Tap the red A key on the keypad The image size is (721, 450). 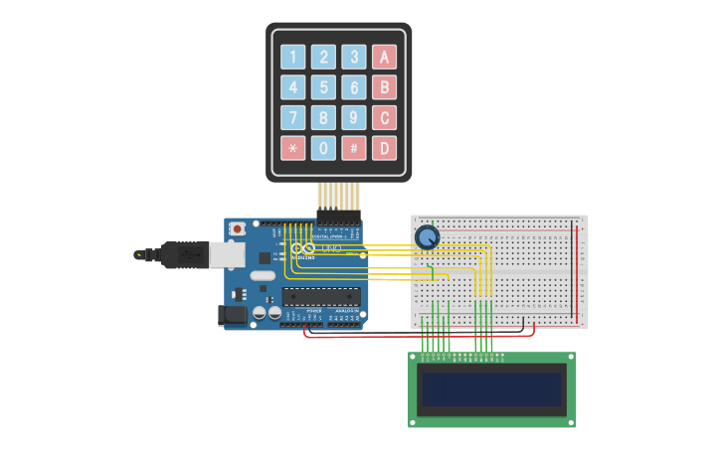tap(384, 57)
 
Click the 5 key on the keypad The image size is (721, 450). tap(323, 87)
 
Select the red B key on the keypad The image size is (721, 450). tap(384, 87)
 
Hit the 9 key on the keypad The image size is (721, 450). tap(354, 118)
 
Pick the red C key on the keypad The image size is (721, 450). tap(384, 118)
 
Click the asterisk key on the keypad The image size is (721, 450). tap(292, 148)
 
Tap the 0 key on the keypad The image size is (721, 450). tap(323, 148)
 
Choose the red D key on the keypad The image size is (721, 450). tap(384, 148)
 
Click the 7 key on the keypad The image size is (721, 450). tap(292, 118)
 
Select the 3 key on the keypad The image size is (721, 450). tap(354, 57)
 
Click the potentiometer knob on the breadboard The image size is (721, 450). tap(427, 237)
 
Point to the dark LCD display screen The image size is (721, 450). tap(491, 389)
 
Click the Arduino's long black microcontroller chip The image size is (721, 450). tap(320, 295)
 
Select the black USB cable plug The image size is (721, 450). tap(184, 254)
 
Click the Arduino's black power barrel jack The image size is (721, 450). tap(233, 315)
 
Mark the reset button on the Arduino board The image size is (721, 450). tap(237, 228)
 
